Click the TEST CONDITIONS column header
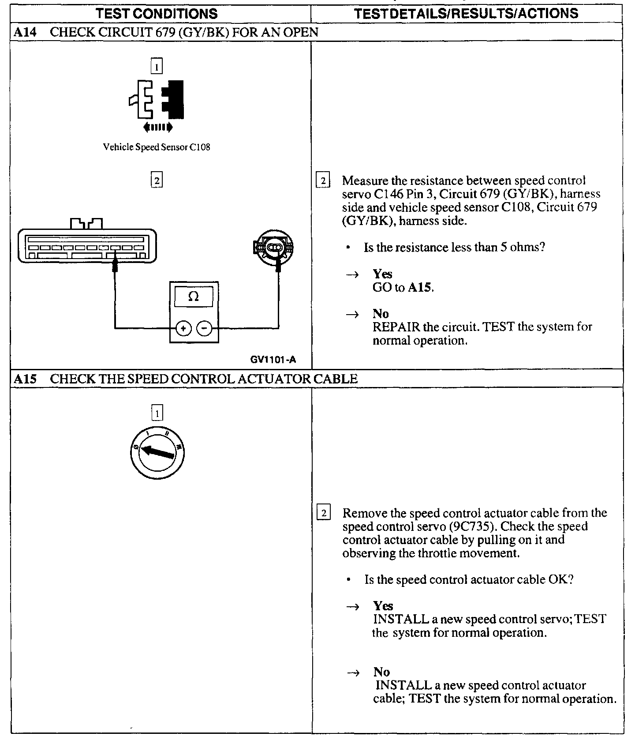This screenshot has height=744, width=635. tap(157, 13)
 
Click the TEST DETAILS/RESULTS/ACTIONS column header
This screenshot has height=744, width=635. tap(466, 13)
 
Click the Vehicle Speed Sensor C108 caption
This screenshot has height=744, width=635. tap(157, 147)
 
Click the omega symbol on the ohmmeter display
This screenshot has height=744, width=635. tap(194, 297)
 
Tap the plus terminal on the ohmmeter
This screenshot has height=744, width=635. tap(183, 328)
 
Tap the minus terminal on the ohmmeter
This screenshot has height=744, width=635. tap(204, 328)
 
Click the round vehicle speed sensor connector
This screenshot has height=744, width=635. tap(274, 248)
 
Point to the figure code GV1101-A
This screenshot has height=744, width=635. tap(273, 360)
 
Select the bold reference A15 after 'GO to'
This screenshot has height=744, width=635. tap(420, 288)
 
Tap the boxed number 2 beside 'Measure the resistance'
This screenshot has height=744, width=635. tap(323, 181)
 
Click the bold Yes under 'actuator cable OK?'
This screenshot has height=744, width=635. tap(383, 605)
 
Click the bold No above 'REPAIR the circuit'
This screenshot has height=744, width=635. tap(381, 314)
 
